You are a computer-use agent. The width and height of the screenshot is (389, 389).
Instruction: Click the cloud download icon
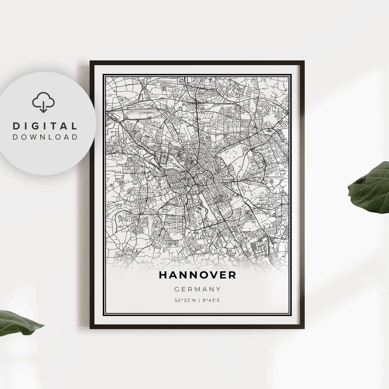click(43, 102)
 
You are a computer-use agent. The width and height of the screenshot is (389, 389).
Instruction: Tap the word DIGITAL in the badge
click(45, 126)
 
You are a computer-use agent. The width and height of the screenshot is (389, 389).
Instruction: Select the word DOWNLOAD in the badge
click(45, 137)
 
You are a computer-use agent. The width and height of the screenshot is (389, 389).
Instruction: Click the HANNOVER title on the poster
click(197, 275)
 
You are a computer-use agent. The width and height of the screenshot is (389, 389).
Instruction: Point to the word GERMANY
click(197, 289)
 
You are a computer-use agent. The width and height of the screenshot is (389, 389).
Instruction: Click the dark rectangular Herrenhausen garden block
click(164, 158)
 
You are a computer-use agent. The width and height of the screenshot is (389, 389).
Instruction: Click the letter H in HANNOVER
click(162, 275)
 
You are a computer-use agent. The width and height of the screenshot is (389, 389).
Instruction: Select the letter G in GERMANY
click(176, 289)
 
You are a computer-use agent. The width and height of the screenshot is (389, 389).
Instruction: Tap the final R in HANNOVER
click(232, 275)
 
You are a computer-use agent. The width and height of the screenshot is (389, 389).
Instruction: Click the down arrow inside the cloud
click(43, 107)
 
